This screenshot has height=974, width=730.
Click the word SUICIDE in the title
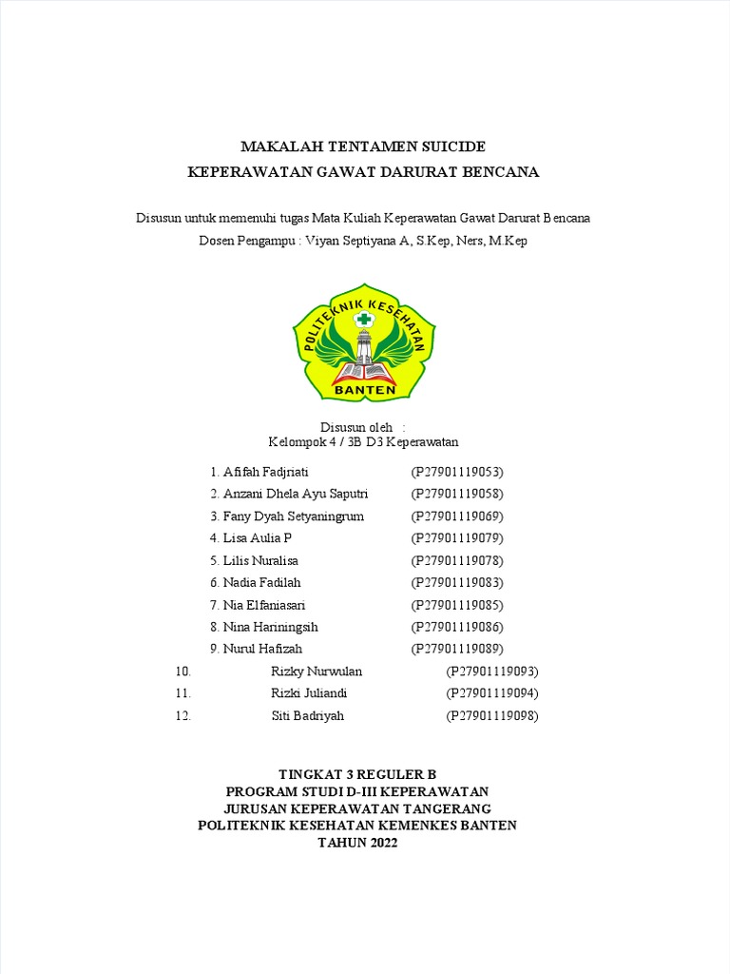coord(451,146)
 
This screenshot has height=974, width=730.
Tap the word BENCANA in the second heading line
coord(501,172)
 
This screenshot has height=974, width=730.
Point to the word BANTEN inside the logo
coord(364,388)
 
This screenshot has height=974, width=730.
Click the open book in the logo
coord(363,370)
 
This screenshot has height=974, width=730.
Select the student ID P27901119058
coord(456,494)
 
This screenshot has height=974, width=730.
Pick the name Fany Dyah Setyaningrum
coord(293,516)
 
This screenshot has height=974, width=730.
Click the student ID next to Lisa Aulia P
coord(456,538)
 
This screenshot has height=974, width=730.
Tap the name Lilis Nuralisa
coord(260,560)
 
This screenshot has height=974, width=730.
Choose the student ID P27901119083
coord(456,582)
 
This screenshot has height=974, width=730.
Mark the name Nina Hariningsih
coord(270,627)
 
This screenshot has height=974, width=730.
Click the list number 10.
coord(183,672)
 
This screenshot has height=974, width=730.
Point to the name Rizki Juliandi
coord(309,693)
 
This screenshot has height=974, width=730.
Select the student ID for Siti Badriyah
coord(492,716)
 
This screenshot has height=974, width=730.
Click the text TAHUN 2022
coord(357,843)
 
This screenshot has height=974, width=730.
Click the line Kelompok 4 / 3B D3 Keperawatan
coord(364,442)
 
